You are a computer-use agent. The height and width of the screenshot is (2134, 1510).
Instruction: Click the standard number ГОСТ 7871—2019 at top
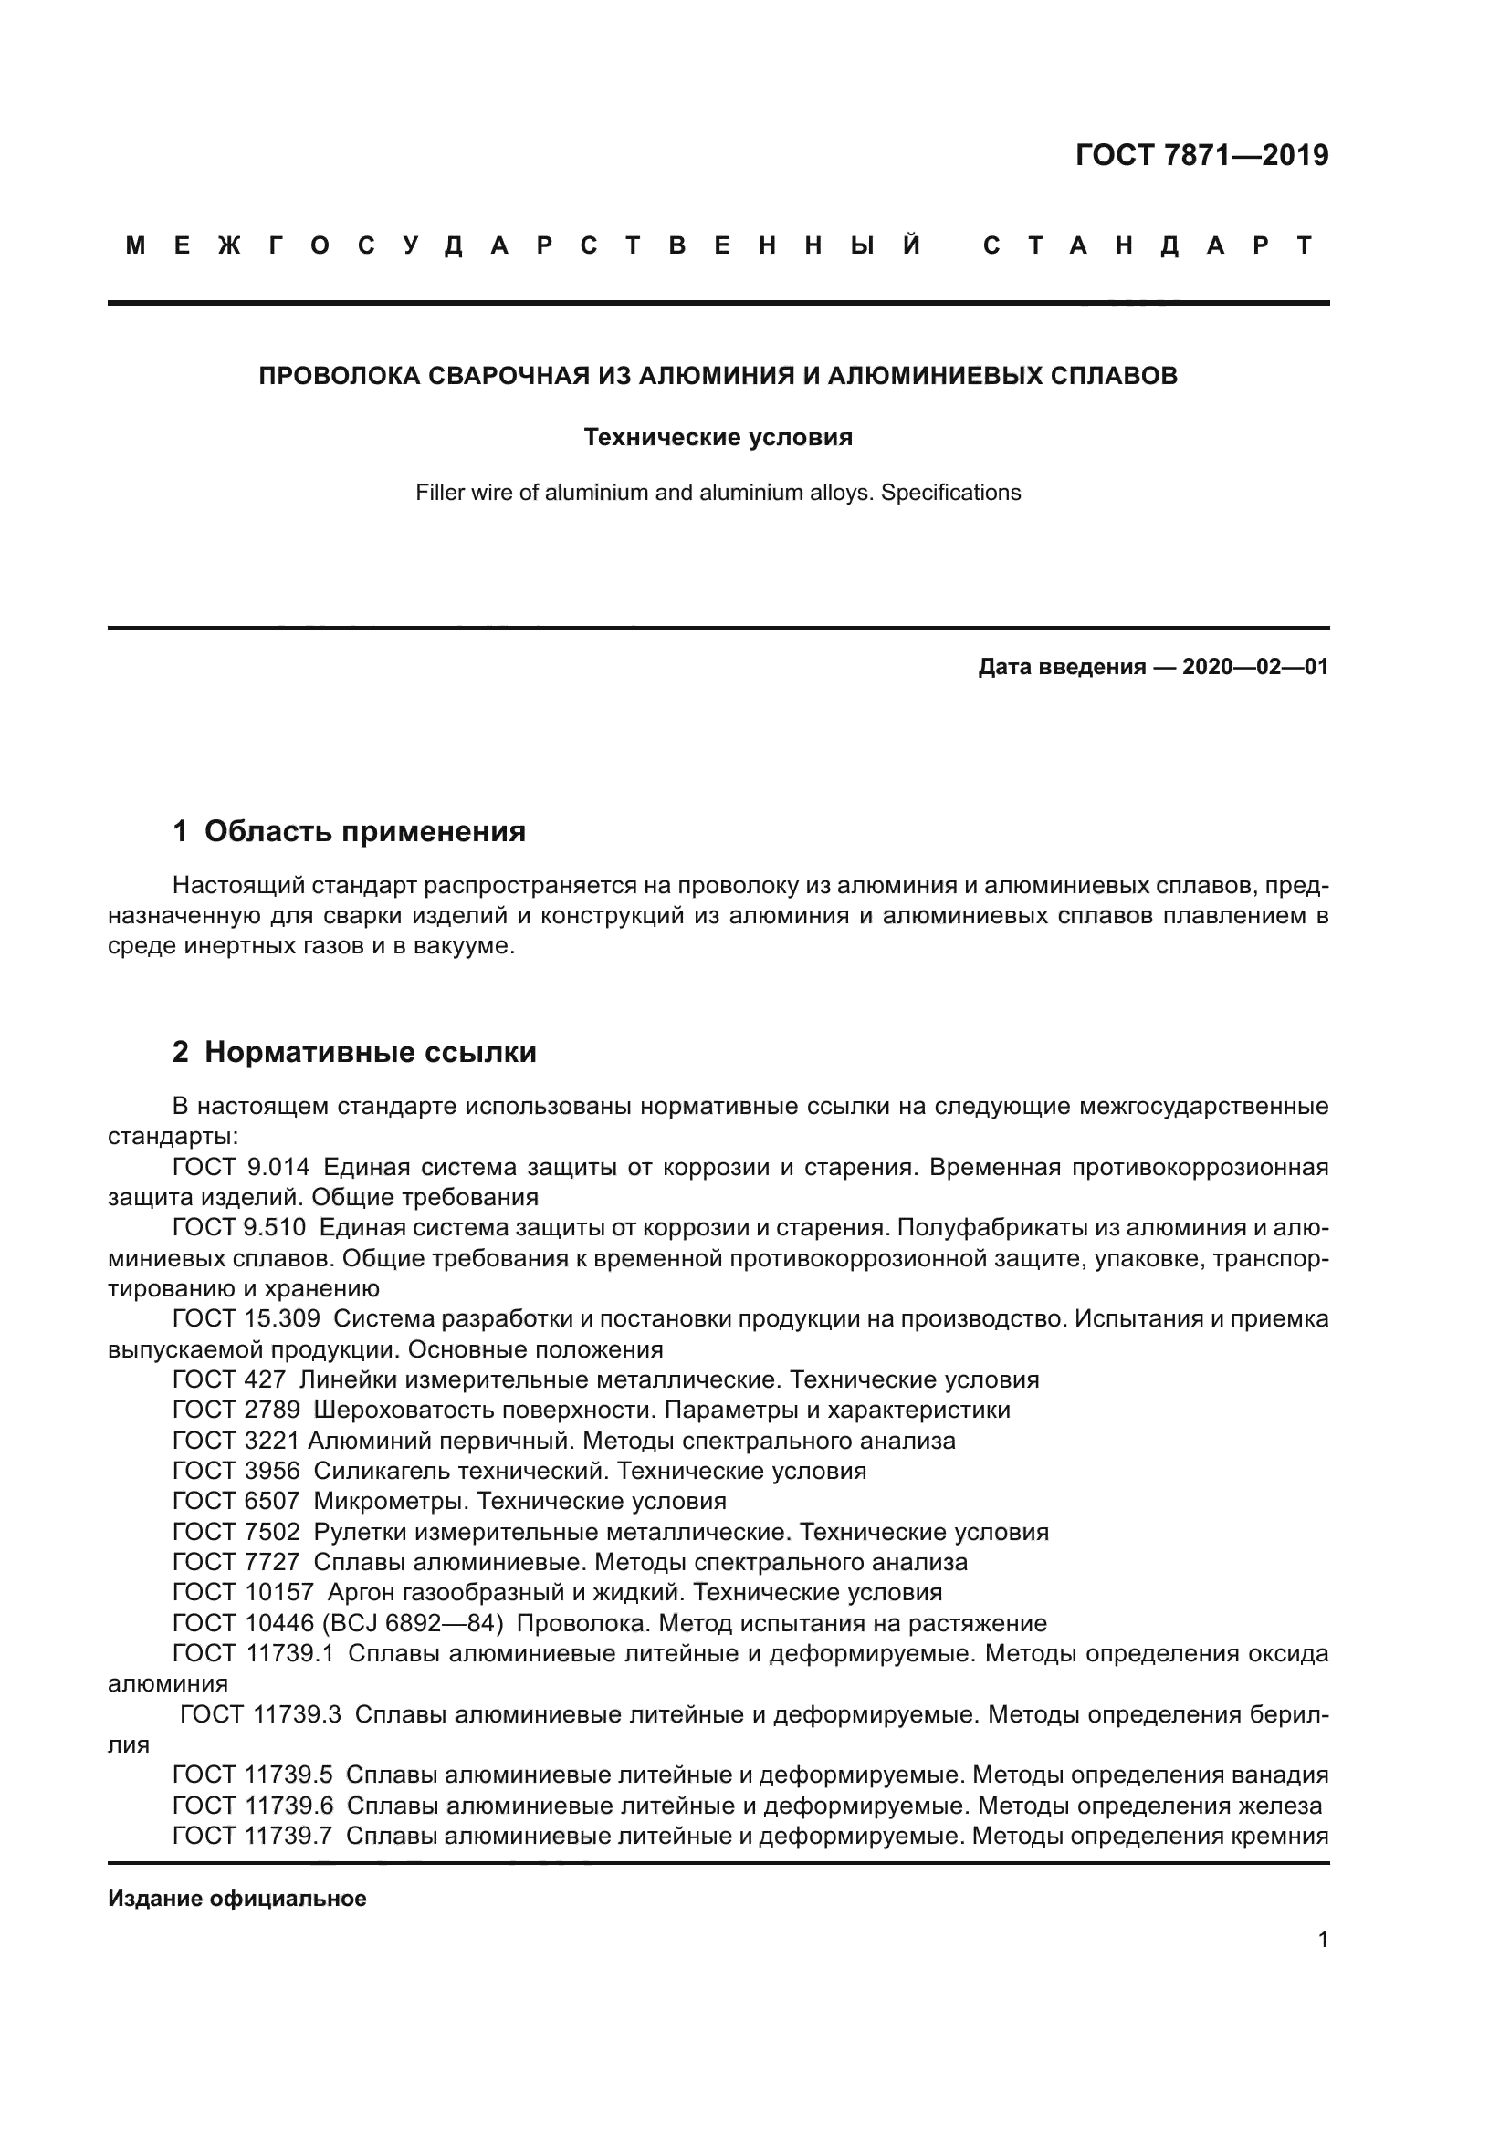coord(1201,155)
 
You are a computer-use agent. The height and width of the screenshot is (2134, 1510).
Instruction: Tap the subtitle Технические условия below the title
coord(718,437)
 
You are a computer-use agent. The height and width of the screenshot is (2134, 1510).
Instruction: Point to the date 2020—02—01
coord(1254,667)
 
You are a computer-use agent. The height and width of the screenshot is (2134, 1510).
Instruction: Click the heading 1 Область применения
coord(349,831)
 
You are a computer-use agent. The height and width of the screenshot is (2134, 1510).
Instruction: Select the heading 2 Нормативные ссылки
coord(354,1052)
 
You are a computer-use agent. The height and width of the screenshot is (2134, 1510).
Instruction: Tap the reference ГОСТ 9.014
coord(241,1168)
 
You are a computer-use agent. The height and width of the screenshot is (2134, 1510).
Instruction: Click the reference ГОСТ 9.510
coord(239,1228)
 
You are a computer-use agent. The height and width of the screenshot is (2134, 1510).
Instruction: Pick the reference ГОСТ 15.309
coord(246,1319)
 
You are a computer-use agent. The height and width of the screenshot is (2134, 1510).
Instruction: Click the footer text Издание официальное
coord(237,1899)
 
